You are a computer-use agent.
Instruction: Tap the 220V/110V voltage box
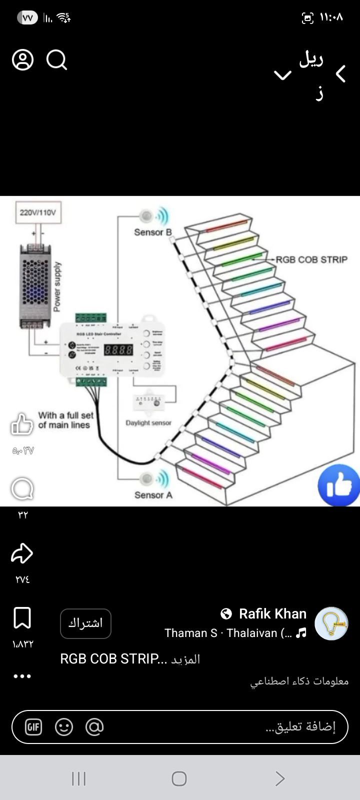coord(37,212)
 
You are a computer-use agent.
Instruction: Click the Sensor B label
coord(152,232)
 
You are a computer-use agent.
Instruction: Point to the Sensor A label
coord(153,495)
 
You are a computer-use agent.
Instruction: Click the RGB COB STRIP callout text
coord(311,259)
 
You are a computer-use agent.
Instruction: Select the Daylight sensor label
coord(148,422)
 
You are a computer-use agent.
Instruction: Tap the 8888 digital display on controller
coord(118,349)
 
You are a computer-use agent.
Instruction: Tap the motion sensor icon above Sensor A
coord(147,479)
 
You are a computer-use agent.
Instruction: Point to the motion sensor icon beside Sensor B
coord(147,216)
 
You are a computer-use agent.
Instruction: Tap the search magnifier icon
coord(56,60)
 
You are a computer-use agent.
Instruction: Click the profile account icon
coord(22,60)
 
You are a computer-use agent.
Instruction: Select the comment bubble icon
coord(22,488)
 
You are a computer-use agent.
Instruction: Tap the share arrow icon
coord(22,553)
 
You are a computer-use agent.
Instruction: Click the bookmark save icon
coord(22,618)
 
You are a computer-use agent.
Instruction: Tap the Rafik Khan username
coord(272,613)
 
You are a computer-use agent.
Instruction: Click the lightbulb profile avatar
coord(331,623)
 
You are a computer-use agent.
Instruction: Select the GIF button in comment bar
coord(33,727)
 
